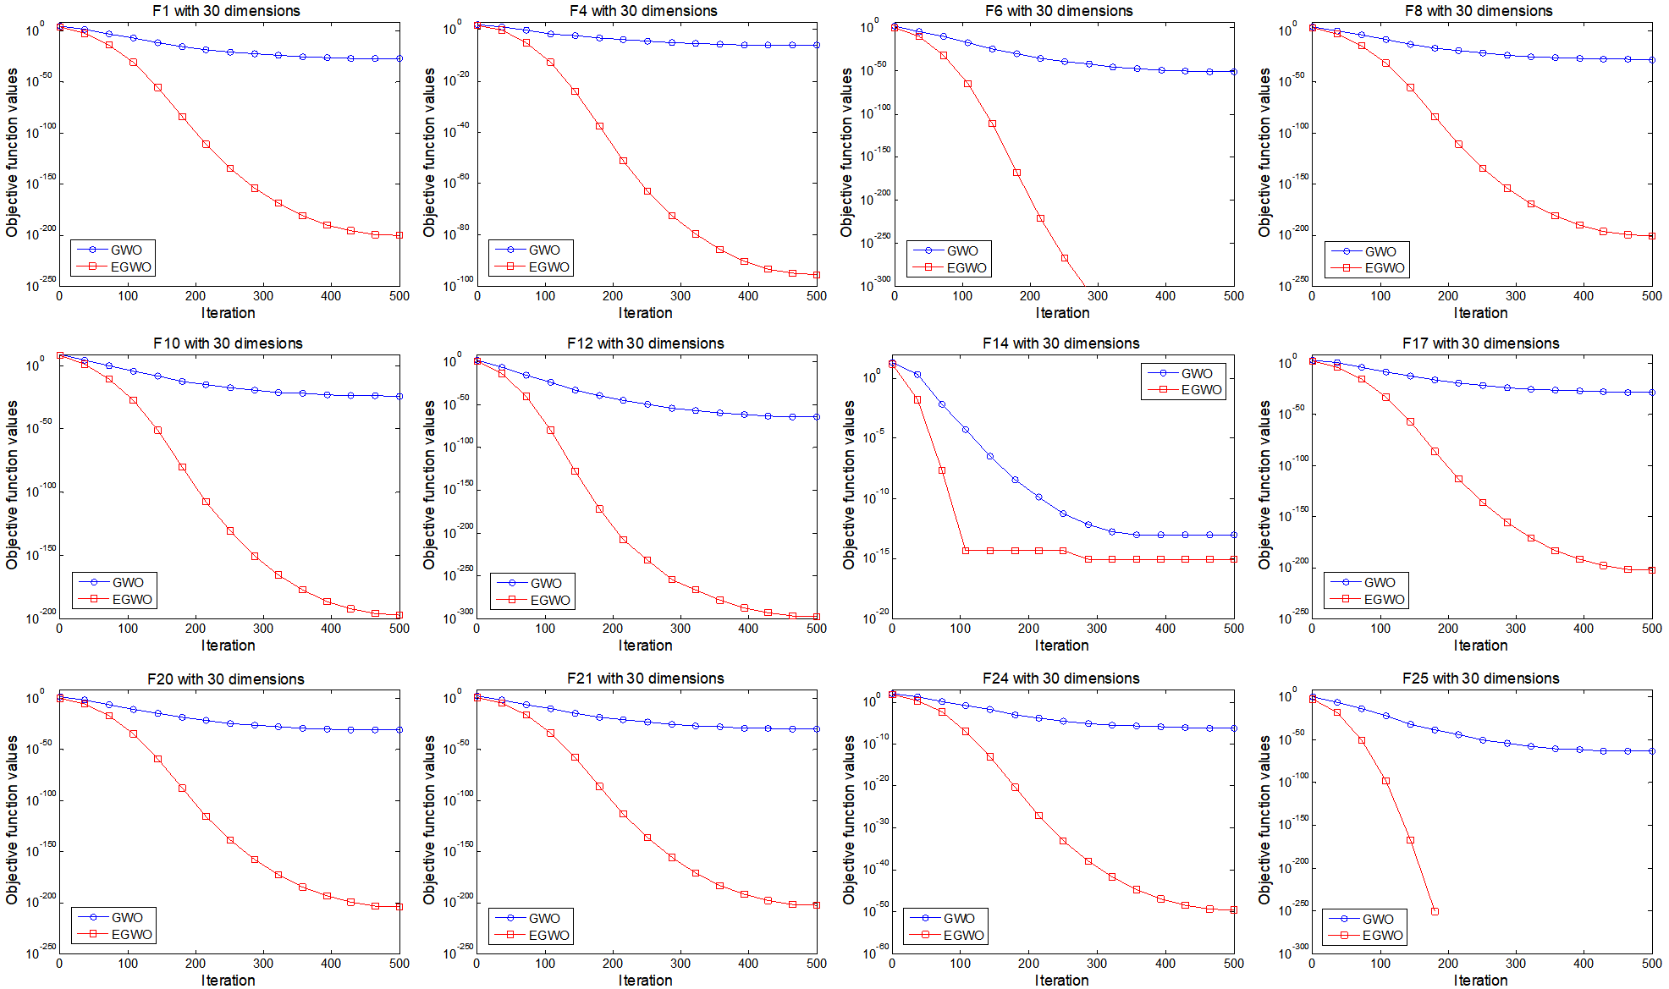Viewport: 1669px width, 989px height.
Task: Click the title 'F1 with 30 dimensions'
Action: tap(226, 11)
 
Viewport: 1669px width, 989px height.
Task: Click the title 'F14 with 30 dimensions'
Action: tap(1060, 343)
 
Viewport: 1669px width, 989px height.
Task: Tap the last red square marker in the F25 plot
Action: tap(1435, 911)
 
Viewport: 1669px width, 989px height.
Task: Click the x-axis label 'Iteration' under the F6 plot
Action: tap(1062, 313)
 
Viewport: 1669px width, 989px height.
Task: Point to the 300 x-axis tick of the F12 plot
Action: tap(680, 629)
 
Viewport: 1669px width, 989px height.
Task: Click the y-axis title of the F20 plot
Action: tap(12, 819)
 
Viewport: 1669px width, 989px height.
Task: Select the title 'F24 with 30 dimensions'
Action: tap(1060, 679)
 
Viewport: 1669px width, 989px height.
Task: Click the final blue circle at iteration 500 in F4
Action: tap(817, 45)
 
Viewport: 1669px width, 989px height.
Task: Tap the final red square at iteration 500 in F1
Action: tap(399, 235)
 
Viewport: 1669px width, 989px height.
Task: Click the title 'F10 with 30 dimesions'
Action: tap(228, 343)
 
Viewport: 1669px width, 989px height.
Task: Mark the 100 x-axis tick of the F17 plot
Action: tap(1380, 629)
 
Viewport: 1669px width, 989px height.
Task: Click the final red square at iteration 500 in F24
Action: tap(1233, 909)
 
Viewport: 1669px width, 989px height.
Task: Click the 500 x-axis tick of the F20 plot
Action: tap(399, 964)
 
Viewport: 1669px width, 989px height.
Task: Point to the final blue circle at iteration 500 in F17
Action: tap(1651, 393)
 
